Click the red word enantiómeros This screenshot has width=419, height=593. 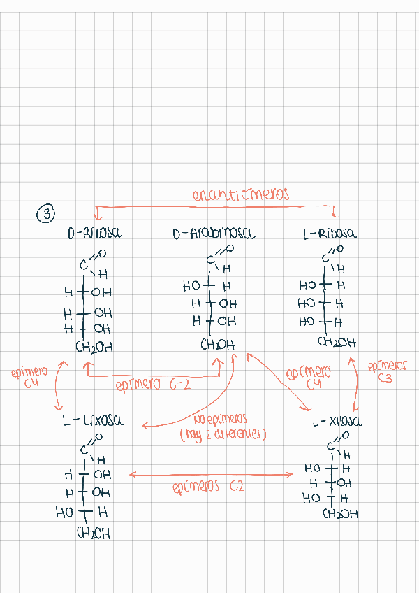point(240,195)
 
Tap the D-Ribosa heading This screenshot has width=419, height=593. point(94,234)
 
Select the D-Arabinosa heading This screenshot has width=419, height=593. point(213,235)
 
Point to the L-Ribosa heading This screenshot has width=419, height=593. point(329,234)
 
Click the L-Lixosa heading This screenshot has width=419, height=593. point(93,421)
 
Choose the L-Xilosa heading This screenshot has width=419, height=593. point(337,422)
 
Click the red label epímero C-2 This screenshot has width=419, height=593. point(152,384)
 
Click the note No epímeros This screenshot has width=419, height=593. point(221,420)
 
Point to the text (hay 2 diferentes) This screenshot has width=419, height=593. point(223,435)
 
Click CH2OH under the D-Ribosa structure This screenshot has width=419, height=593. point(94,347)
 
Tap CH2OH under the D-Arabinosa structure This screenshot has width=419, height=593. point(218,345)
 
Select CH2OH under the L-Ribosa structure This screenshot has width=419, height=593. point(337,343)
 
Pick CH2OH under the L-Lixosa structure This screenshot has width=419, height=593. point(93,534)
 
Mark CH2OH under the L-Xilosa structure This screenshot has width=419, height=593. point(341,514)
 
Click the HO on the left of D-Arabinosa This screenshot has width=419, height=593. point(191,286)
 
